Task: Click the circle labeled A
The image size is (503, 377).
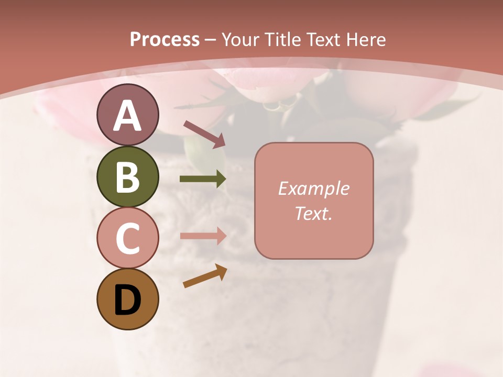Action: (x=127, y=115)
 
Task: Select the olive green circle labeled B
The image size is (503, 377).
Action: (x=127, y=176)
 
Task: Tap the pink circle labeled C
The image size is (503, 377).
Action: (x=127, y=238)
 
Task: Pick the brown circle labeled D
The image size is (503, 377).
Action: (x=127, y=300)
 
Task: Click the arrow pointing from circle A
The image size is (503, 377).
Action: (x=204, y=134)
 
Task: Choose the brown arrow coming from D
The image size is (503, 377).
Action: (x=205, y=276)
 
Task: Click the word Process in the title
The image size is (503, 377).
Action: (x=165, y=39)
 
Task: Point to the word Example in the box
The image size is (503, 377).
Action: (x=313, y=188)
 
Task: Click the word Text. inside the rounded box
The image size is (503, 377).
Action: (x=313, y=214)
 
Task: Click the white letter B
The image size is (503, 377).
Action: (x=127, y=177)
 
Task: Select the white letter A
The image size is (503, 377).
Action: (x=127, y=116)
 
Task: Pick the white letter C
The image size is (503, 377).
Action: (x=127, y=239)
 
